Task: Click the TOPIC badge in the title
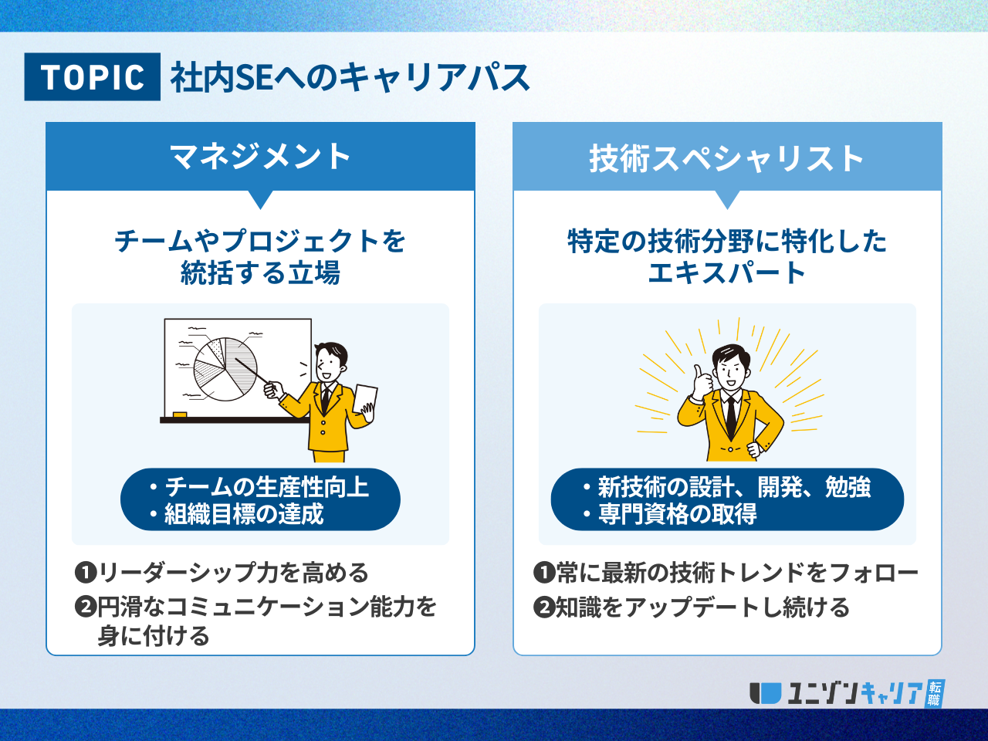click(x=93, y=76)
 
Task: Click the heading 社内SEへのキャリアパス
click(x=350, y=77)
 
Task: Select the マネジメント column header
click(x=260, y=156)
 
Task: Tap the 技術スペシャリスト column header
click(x=727, y=156)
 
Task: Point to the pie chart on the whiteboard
click(x=225, y=369)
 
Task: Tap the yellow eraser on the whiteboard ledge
click(x=180, y=414)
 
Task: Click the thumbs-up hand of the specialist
click(x=702, y=382)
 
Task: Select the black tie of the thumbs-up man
click(x=732, y=417)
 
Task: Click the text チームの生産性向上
click(x=267, y=487)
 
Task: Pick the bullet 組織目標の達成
click(x=243, y=514)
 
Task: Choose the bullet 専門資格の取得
click(x=678, y=514)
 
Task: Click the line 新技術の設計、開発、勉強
click(x=734, y=487)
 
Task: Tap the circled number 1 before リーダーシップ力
click(x=86, y=573)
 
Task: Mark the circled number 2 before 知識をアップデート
click(x=544, y=607)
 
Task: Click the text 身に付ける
click(x=154, y=636)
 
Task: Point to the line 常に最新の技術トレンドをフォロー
click(x=737, y=573)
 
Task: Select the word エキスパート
click(x=727, y=273)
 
